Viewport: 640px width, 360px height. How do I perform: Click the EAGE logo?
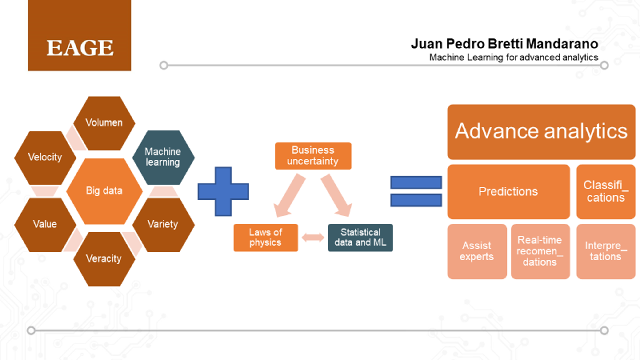coord(79,46)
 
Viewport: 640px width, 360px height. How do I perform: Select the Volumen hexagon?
coord(104,123)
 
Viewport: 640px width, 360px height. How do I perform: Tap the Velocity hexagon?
coord(45,158)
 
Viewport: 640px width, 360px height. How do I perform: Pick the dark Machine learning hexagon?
coord(162,157)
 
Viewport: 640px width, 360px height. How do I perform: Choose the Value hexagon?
coord(45,225)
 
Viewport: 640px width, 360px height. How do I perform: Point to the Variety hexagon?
coord(162,225)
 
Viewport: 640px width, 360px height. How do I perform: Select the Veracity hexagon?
coord(104,258)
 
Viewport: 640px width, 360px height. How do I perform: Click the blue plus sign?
coord(220,191)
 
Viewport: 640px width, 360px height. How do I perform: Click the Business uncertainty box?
coord(313,155)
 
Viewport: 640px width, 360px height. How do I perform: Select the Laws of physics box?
coord(265,238)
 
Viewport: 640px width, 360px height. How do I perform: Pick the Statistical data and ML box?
coord(361,238)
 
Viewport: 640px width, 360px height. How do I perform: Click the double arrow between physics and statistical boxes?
coord(313,238)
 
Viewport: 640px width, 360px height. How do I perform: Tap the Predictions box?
coord(508,192)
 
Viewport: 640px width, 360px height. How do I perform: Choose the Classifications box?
coord(606,192)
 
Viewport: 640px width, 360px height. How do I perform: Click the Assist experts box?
coord(476,251)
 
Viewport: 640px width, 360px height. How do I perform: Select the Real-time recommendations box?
coord(540,251)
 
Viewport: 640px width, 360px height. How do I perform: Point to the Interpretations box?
coord(606,251)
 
